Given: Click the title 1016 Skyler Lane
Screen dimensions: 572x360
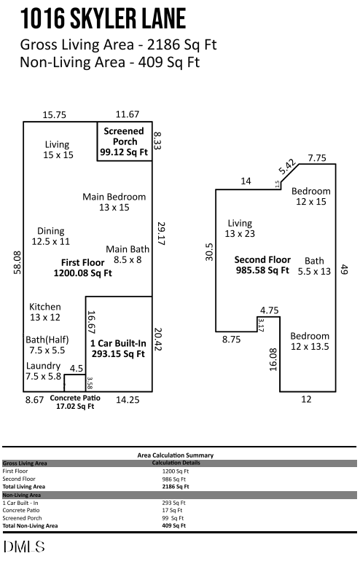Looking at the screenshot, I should [103, 18].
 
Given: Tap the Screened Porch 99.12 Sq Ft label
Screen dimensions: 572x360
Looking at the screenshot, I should [124, 142].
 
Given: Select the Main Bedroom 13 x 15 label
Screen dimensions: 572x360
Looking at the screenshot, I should [114, 202].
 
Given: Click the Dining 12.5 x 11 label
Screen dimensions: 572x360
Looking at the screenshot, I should [51, 236].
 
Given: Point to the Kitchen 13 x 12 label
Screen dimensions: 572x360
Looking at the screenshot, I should [45, 312].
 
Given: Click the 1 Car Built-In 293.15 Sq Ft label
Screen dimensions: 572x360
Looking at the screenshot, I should [117, 348].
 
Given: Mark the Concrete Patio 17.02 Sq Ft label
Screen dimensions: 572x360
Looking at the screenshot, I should [75, 402].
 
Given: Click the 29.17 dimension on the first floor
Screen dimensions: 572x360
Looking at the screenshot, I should [162, 233].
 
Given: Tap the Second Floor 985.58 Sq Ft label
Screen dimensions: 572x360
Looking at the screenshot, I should [262, 265].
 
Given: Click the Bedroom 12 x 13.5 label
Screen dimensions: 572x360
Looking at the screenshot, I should [310, 341].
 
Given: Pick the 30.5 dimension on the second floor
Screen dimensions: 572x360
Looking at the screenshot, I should [209, 251].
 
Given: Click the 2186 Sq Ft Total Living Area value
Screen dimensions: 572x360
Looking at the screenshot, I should [175, 486].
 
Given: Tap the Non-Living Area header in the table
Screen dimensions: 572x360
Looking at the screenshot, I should [21, 495].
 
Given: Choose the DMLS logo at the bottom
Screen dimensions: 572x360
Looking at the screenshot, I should [24, 546].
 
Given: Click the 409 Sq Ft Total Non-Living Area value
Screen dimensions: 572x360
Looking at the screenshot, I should [173, 525].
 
